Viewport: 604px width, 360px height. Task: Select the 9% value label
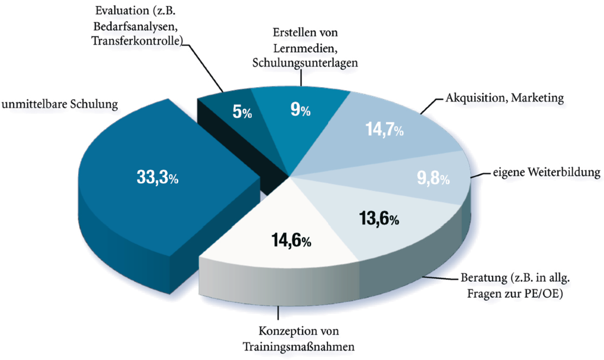pos(301,110)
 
